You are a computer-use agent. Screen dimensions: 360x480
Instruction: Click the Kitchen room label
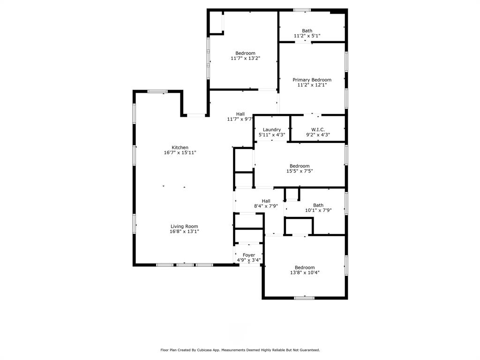click(x=180, y=148)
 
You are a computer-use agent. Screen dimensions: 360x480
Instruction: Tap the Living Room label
click(x=184, y=226)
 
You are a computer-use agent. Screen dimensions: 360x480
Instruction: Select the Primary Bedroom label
click(x=312, y=80)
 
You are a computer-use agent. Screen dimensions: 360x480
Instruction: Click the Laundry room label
click(x=272, y=130)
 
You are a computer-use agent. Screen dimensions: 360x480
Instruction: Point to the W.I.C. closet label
click(x=318, y=130)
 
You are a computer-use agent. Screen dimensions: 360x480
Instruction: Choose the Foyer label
click(x=249, y=255)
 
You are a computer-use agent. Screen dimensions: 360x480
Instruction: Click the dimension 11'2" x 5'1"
click(x=307, y=36)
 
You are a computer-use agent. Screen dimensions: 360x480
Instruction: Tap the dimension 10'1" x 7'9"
click(x=318, y=210)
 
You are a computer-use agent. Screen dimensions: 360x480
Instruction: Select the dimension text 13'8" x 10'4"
click(x=305, y=273)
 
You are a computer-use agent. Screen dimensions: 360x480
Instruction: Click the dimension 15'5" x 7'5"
click(x=300, y=171)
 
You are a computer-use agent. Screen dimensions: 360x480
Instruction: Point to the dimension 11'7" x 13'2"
click(x=245, y=59)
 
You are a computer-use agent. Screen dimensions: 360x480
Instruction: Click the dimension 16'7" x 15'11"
click(x=180, y=153)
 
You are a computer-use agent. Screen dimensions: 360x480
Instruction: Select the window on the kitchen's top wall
click(x=157, y=91)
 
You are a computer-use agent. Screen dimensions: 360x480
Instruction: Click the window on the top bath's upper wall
click(x=302, y=10)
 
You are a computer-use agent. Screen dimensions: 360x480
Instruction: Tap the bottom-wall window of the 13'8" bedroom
click(x=304, y=297)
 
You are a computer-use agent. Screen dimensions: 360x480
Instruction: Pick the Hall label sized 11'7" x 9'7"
click(x=240, y=114)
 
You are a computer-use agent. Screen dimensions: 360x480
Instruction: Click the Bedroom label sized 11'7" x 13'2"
click(x=245, y=53)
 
